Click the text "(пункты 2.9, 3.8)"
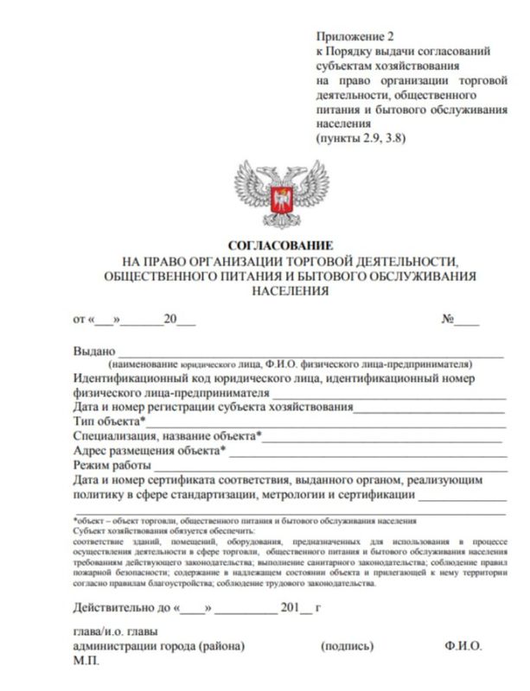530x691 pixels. (x=362, y=137)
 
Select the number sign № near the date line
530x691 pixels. (x=449, y=319)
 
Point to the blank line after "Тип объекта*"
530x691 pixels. (x=324, y=422)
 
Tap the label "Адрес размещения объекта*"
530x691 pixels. (x=150, y=451)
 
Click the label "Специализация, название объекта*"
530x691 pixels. (x=169, y=436)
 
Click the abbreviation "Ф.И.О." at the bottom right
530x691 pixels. (x=464, y=646)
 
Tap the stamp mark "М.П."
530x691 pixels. (x=87, y=661)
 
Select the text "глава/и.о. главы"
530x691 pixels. (x=115, y=631)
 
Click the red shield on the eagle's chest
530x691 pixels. (x=279, y=200)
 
